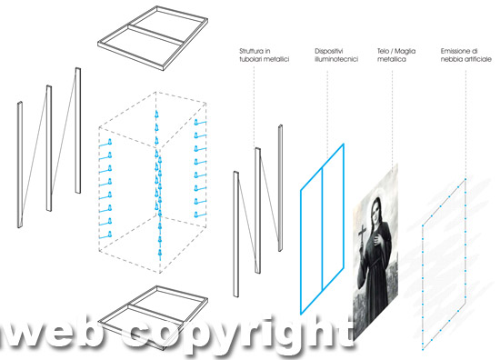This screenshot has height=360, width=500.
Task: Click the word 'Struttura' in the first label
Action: [x=251, y=51]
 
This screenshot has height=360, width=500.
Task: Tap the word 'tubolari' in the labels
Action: [x=250, y=59]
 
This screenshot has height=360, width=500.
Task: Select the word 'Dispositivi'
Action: [x=329, y=51]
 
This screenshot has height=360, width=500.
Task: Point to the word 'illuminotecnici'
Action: [x=336, y=59]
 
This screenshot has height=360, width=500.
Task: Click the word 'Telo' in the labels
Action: [x=383, y=51]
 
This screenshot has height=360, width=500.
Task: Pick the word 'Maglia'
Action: [x=405, y=51]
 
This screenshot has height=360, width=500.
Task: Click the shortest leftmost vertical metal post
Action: [x=20, y=165]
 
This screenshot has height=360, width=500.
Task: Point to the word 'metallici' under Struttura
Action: [x=276, y=59]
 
